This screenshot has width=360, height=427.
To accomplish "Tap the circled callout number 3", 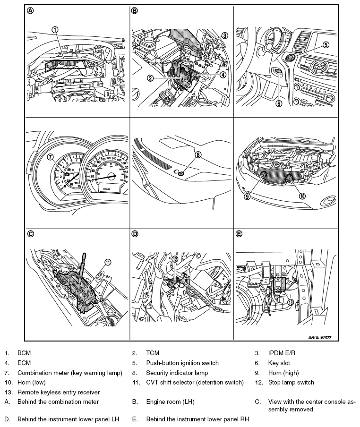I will (x=224, y=35).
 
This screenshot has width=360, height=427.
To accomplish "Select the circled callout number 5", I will (x=326, y=45).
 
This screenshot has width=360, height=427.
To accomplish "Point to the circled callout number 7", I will (x=50, y=157).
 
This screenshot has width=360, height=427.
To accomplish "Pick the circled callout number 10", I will (x=302, y=196).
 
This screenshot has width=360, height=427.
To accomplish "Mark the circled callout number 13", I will (x=291, y=302).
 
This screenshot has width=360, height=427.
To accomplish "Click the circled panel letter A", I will (x=31, y=11).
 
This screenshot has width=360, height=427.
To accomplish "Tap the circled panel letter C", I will (x=31, y=233).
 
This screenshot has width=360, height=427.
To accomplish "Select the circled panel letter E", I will (x=239, y=233).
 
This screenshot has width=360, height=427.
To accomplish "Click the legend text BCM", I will (x=24, y=352).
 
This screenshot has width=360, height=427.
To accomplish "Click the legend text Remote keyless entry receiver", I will (x=59, y=392).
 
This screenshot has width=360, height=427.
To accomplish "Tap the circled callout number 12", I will (x=174, y=258).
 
